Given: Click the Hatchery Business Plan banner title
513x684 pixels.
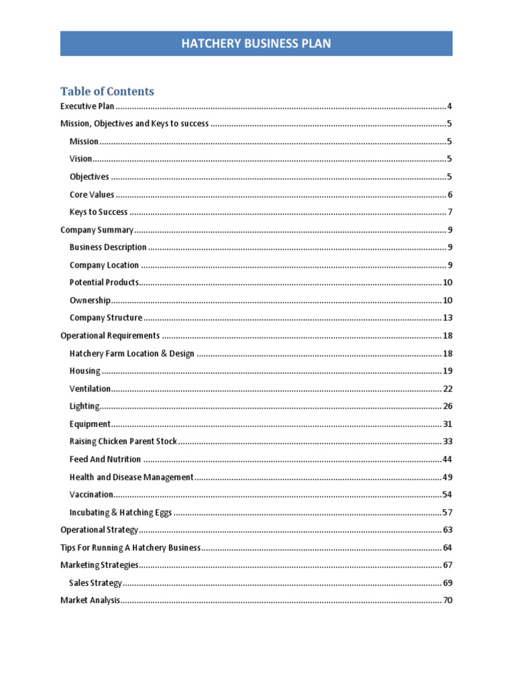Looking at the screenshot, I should point(256,44).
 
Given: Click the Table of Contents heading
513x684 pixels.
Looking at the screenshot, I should point(107,92).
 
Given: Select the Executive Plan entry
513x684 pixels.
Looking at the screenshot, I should point(88,106).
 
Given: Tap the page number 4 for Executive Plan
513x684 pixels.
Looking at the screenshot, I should point(450,106).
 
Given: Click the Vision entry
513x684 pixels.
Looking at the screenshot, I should point(80,159).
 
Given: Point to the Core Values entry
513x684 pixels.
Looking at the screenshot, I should point(92,194).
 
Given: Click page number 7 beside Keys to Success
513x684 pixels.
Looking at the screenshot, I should point(450,212).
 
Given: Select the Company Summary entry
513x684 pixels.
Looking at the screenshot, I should point(97,230).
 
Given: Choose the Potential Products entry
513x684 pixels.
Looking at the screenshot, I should point(104,283).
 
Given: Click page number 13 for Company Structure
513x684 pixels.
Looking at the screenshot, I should point(448,318).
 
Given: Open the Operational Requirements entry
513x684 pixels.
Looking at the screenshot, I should point(110,335).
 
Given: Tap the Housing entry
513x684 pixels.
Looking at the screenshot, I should point(85,371).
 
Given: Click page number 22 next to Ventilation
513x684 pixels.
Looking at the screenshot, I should point(448,389).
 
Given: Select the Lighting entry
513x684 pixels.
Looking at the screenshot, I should point(84,406).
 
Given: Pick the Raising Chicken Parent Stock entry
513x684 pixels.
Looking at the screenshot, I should point(123,442).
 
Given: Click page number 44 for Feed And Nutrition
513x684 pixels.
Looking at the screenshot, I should point(448,460).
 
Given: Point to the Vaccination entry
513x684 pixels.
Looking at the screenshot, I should point(91,494).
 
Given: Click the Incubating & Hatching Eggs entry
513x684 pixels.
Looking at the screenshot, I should point(120,512).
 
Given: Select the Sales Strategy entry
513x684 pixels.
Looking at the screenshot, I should point(96,582).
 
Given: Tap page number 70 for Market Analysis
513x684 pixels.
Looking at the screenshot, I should point(448,601).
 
